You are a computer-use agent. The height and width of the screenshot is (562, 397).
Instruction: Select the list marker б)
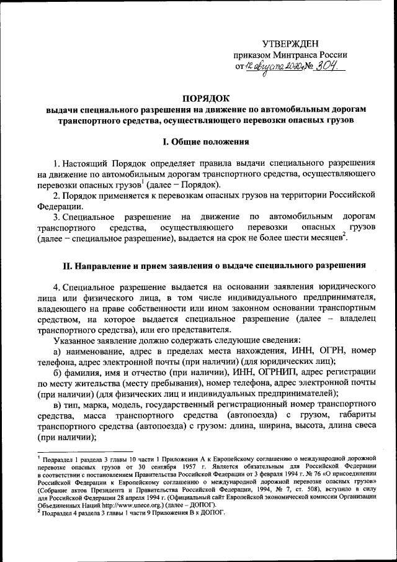coord(58,372)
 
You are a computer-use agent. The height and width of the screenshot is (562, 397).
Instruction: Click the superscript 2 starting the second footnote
coord(39,511)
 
